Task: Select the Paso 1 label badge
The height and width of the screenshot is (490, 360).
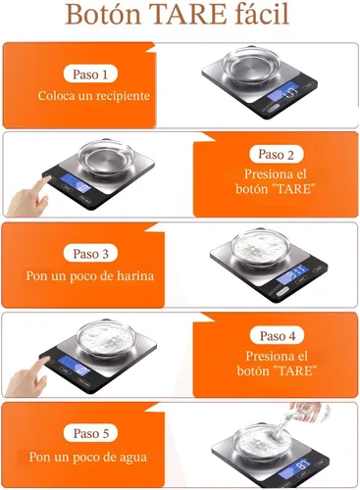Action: (x=94, y=73)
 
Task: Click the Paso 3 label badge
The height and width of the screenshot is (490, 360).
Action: (x=94, y=253)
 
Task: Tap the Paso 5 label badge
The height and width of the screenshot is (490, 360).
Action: (x=94, y=432)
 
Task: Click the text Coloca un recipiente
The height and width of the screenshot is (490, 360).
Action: (x=94, y=96)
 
